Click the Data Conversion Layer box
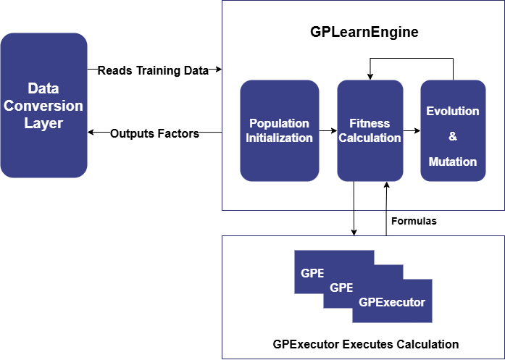click(43, 105)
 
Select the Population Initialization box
click(279, 130)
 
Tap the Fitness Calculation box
click(370, 130)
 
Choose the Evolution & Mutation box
click(453, 130)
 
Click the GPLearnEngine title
click(364, 33)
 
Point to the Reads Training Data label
click(153, 70)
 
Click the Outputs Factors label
click(154, 133)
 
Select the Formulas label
click(414, 221)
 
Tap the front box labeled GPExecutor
click(392, 301)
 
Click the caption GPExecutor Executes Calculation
click(365, 344)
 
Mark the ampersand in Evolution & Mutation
click(453, 136)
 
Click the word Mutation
click(453, 162)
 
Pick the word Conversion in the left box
click(43, 106)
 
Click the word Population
click(279, 123)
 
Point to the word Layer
click(43, 123)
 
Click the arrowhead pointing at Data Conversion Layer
click(91, 133)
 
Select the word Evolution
click(453, 111)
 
